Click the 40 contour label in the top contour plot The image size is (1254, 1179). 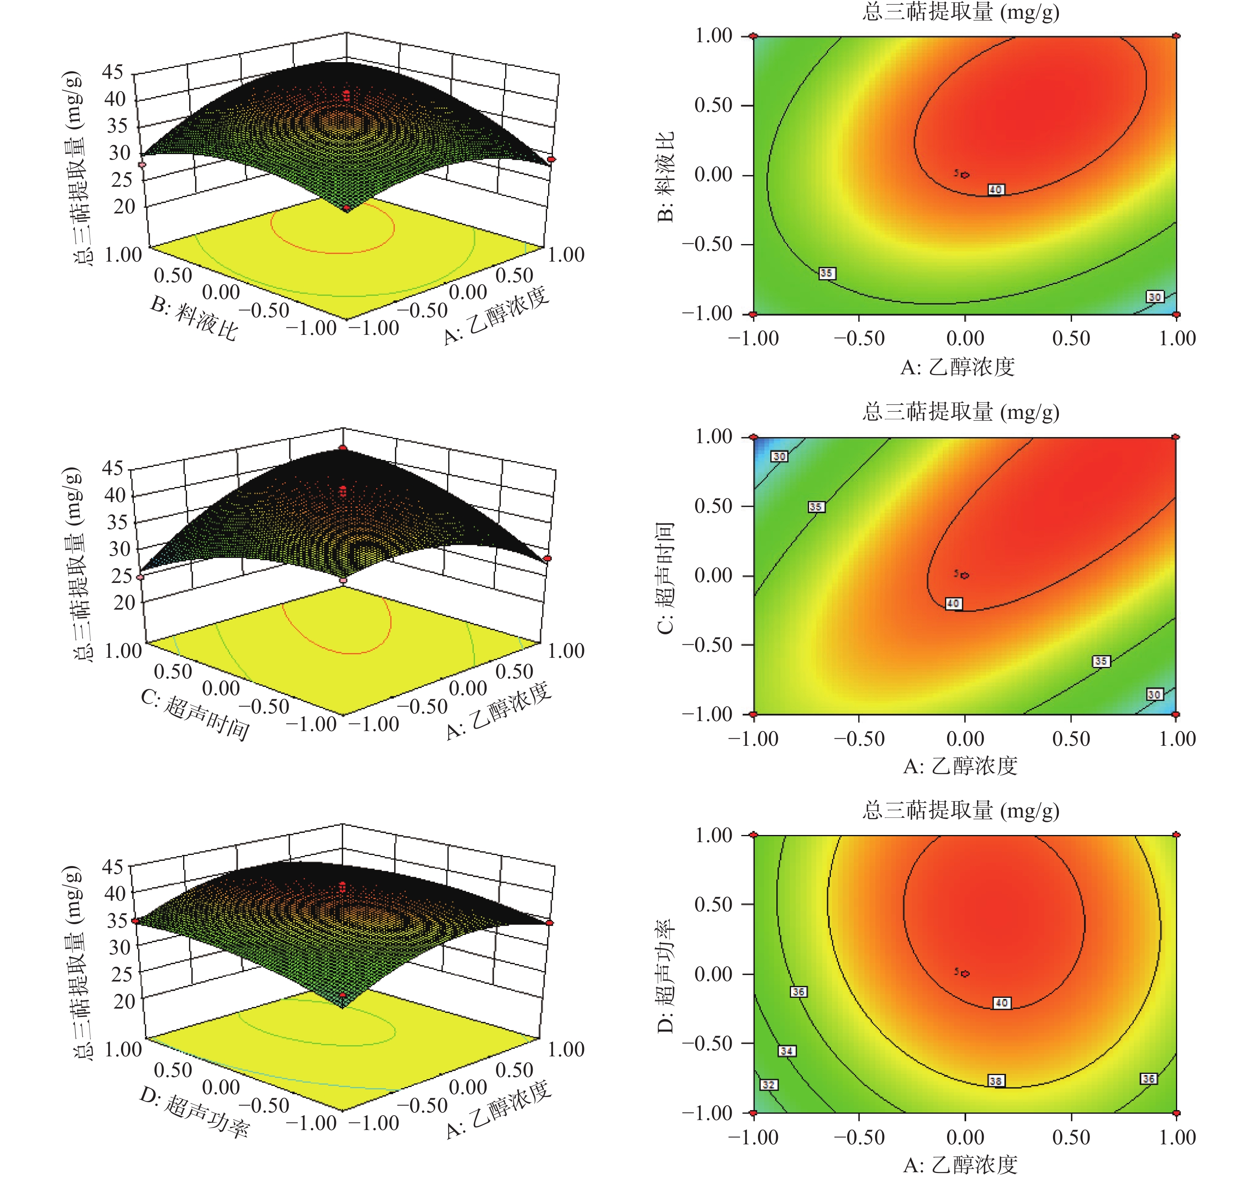pyautogui.click(x=995, y=189)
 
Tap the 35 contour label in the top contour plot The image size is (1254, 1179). pyautogui.click(x=826, y=273)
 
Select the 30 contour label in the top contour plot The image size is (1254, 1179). pyautogui.click(x=1154, y=297)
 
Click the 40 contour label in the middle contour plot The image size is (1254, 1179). pyautogui.click(x=953, y=604)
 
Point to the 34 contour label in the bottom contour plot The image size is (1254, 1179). pyautogui.click(x=786, y=1051)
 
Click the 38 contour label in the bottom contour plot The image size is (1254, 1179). pyautogui.click(x=995, y=1081)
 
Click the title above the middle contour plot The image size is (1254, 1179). pyautogui.click(x=961, y=412)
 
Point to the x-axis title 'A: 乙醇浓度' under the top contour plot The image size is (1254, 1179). pyautogui.click(x=957, y=366)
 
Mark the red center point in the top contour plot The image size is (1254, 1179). pyautogui.click(x=965, y=175)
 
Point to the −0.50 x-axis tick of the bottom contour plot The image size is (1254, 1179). pyautogui.click(x=859, y=1137)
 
